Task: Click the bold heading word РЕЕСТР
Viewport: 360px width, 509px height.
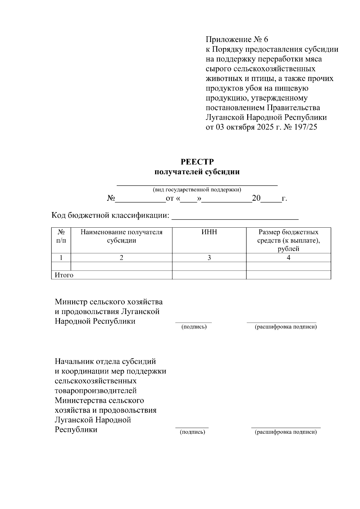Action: coord(197,162)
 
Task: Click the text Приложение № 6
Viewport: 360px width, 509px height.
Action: coord(237,40)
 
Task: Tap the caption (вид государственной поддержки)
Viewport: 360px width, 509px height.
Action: coord(197,190)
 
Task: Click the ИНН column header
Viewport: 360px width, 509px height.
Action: coord(209,232)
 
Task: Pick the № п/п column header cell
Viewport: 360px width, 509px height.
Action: coord(61,236)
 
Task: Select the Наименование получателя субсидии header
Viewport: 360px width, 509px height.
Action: coord(121,236)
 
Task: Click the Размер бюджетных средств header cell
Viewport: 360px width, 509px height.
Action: coord(288,240)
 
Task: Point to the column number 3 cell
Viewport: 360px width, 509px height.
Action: coord(209,258)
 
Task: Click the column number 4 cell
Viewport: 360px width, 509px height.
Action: coord(288,258)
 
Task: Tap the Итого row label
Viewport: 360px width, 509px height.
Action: coord(64,275)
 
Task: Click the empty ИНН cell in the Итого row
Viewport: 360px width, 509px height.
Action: coord(209,275)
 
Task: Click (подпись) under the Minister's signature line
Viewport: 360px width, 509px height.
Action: coord(194,327)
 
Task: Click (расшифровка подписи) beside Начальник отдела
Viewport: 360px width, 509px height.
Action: coord(286,432)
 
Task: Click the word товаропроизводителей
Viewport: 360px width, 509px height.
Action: coord(96,391)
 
